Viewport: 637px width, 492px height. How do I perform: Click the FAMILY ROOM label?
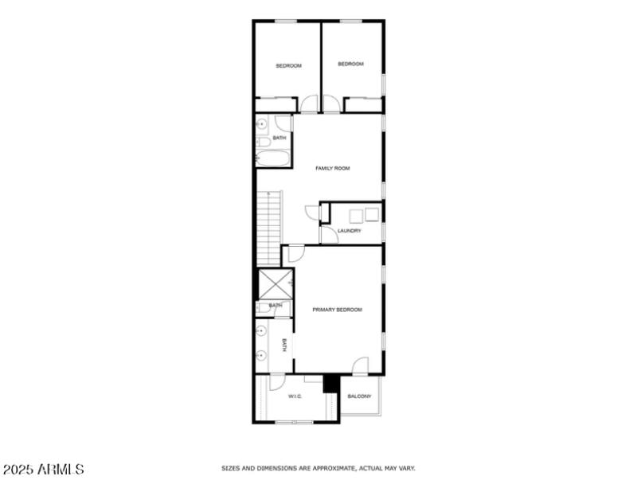tap(332, 168)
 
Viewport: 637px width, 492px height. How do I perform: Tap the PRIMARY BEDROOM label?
tap(337, 310)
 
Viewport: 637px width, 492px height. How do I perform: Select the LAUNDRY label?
tap(349, 231)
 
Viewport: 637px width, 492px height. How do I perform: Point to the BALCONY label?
tap(359, 396)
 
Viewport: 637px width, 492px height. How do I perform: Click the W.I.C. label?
tap(295, 396)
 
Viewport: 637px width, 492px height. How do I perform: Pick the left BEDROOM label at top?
tap(288, 65)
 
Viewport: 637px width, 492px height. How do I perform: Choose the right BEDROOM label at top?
tap(350, 64)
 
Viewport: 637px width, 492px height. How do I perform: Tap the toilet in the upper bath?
tap(263, 142)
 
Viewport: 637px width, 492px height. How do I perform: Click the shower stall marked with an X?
tap(275, 284)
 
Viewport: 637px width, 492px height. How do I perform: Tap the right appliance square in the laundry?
tap(372, 214)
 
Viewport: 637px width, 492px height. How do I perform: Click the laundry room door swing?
tap(326, 235)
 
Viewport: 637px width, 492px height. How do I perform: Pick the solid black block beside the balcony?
tap(330, 384)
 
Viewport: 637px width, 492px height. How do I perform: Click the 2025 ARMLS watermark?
tap(44, 470)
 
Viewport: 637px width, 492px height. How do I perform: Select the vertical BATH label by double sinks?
tap(283, 345)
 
